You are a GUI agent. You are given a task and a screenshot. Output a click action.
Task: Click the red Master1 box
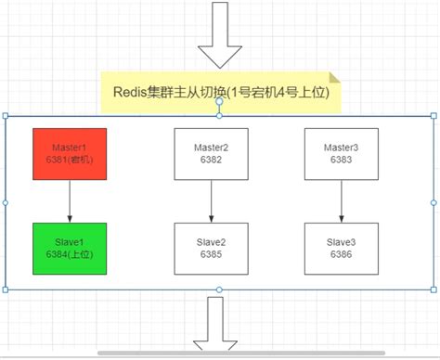(70, 155)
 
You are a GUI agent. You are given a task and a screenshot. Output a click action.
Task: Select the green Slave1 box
(70, 248)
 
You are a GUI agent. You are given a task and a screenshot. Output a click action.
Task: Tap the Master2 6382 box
(212, 154)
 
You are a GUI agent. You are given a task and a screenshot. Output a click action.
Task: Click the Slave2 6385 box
(212, 248)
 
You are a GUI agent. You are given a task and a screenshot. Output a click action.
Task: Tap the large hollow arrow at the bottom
(220, 326)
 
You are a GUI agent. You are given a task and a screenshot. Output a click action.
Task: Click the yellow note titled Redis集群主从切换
(220, 93)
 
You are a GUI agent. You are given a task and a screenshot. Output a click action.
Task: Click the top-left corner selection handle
(6, 116)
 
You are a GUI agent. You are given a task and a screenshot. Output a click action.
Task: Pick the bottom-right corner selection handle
(434, 289)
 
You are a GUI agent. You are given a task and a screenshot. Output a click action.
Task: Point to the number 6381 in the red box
(58, 161)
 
